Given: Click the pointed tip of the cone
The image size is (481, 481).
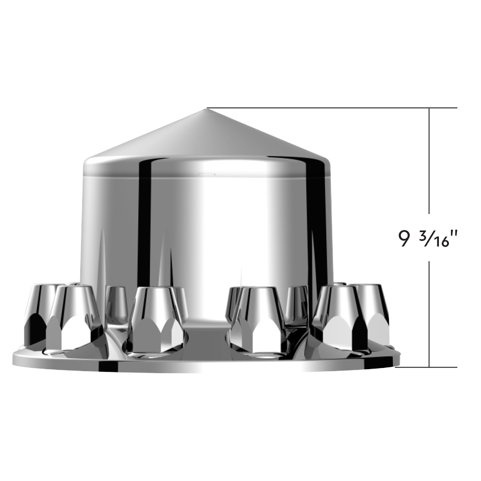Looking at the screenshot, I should (x=207, y=109).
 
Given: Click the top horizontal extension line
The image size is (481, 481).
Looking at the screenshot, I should (x=333, y=108).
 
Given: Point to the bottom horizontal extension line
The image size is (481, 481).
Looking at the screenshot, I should (x=427, y=366).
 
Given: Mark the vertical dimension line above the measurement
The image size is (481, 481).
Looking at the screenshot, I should (x=430, y=160).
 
